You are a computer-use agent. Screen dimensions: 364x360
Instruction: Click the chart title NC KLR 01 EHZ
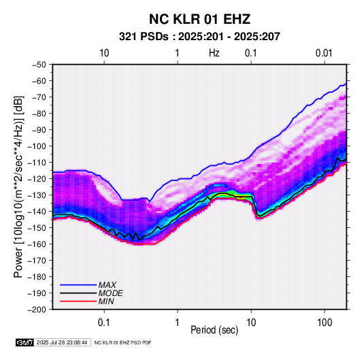click(x=199, y=19)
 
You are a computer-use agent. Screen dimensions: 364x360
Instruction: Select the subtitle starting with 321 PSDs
click(x=199, y=37)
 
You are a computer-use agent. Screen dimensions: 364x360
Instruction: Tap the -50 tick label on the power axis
click(x=39, y=65)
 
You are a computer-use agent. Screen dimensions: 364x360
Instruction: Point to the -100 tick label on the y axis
click(x=37, y=146)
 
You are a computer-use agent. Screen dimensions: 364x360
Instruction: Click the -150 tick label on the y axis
click(x=37, y=228)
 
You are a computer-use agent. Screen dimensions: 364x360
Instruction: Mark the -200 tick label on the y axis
click(x=37, y=310)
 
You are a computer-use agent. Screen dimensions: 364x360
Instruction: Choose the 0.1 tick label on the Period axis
click(x=104, y=323)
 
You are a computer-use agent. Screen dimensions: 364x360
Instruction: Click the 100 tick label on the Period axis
click(x=325, y=323)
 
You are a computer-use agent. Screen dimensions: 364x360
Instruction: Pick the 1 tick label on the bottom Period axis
click(x=178, y=323)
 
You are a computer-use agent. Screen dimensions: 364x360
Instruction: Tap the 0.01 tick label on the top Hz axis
click(x=324, y=53)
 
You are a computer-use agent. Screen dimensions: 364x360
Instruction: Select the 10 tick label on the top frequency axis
click(x=104, y=53)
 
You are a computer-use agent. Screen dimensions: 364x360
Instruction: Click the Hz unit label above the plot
click(x=214, y=53)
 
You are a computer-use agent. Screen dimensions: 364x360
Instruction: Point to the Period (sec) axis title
click(x=214, y=330)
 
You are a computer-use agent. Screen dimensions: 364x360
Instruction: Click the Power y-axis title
click(x=18, y=187)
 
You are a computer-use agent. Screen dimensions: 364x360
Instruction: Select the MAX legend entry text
click(x=107, y=285)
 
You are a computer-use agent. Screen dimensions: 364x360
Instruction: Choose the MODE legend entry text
click(x=110, y=293)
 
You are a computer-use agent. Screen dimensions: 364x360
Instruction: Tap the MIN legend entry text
click(x=106, y=301)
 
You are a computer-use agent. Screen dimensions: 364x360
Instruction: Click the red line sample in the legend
click(x=78, y=301)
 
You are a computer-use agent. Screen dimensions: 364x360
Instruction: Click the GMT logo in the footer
click(x=25, y=342)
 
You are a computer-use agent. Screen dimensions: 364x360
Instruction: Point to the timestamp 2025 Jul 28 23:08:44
click(x=62, y=342)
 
